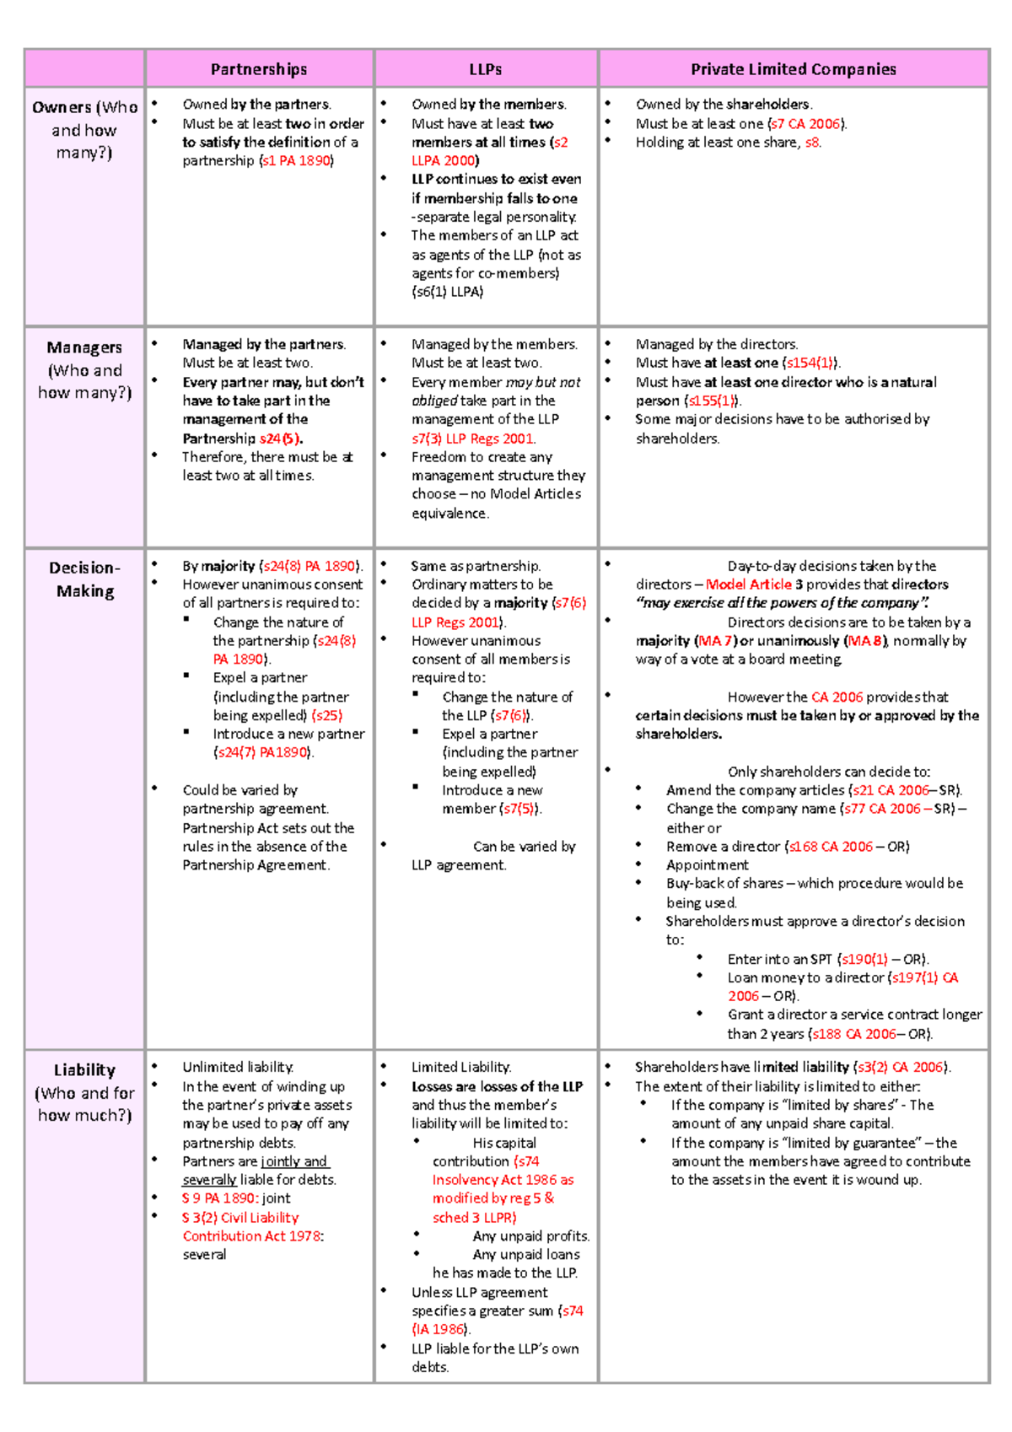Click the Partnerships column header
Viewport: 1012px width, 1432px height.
(259, 69)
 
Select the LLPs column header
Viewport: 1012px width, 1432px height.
(486, 69)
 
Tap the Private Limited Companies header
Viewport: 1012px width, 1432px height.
(793, 69)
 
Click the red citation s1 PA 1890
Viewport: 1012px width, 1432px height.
(297, 161)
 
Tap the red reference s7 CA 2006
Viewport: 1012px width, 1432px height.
(806, 124)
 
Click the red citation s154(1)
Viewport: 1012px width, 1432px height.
(809, 363)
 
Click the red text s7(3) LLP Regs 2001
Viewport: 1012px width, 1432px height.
(472, 439)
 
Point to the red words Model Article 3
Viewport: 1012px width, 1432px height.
(754, 584)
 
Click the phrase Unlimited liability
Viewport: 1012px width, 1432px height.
(238, 1068)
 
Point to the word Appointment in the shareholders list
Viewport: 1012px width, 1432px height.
(707, 865)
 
